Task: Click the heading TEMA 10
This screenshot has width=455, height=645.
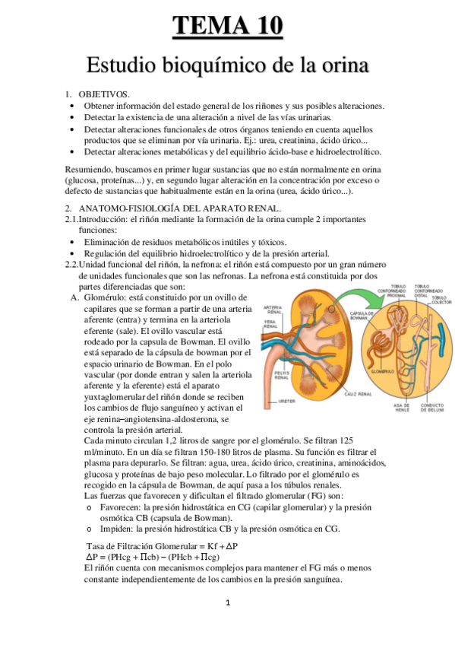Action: (x=227, y=27)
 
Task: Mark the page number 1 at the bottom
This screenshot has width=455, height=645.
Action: (x=227, y=604)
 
